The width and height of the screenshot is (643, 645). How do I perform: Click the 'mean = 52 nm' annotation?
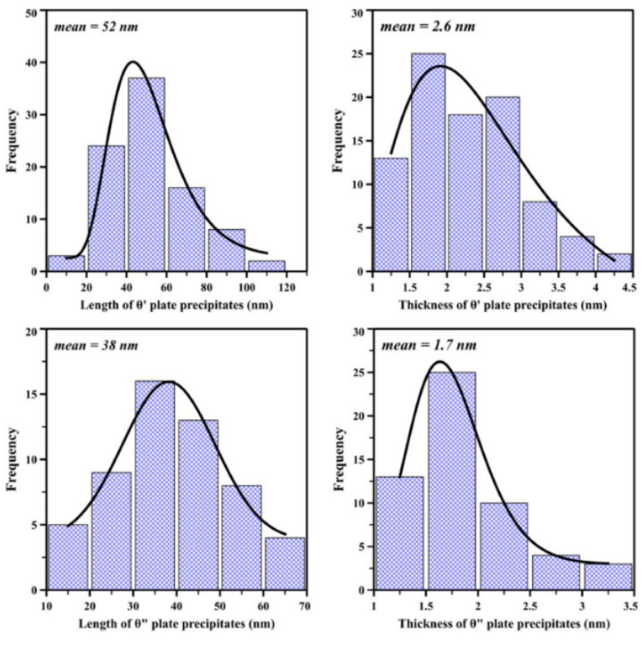(86, 26)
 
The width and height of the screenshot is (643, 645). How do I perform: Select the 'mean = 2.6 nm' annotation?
(416, 26)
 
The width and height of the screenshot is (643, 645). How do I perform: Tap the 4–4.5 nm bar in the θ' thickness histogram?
(620, 262)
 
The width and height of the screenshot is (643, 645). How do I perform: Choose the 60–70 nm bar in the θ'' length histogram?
(284, 563)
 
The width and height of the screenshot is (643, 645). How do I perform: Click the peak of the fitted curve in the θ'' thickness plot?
(440, 361)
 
